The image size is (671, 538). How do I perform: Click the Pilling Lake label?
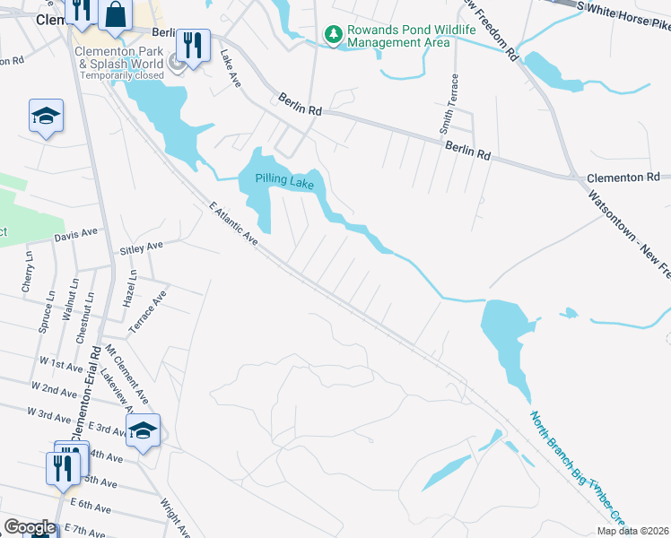point(284,180)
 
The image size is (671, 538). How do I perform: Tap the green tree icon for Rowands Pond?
point(334,34)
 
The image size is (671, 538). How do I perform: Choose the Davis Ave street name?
point(75,233)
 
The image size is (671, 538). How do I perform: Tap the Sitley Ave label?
point(142,245)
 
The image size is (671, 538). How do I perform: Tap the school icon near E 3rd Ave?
point(143,430)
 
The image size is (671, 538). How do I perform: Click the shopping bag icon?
point(116,13)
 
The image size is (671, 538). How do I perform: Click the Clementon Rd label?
point(623,178)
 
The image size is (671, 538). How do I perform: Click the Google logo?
point(29,527)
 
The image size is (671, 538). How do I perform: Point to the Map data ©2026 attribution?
point(633,531)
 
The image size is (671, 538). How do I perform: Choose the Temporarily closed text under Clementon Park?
point(122,75)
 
